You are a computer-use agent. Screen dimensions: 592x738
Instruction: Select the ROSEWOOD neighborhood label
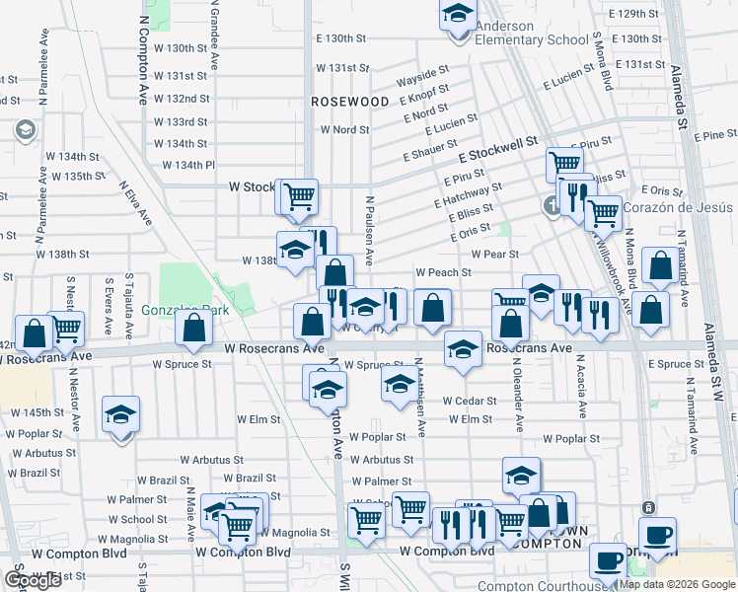point(350,102)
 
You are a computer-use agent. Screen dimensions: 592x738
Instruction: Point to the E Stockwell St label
point(497,150)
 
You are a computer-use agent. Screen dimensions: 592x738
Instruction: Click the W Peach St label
point(443,271)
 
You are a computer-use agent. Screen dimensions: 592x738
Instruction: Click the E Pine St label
point(715,134)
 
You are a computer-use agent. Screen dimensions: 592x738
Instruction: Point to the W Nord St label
point(344,129)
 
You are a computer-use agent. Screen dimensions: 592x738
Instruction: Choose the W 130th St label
point(181,47)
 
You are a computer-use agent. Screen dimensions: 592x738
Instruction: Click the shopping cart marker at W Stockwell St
point(299,196)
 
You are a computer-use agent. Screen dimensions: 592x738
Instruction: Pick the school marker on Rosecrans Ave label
point(462,350)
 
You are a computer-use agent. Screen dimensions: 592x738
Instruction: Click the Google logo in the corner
point(33,580)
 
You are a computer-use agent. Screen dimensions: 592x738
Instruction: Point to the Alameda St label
point(681,99)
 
